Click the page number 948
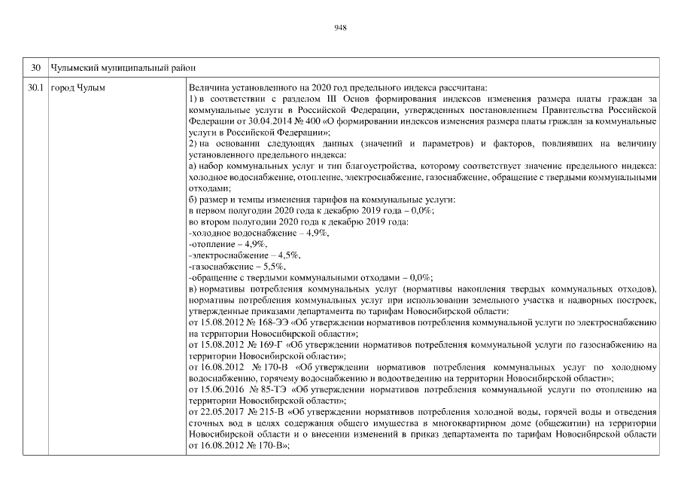point(340,28)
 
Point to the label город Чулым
point(78,89)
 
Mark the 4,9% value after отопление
point(255,246)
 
